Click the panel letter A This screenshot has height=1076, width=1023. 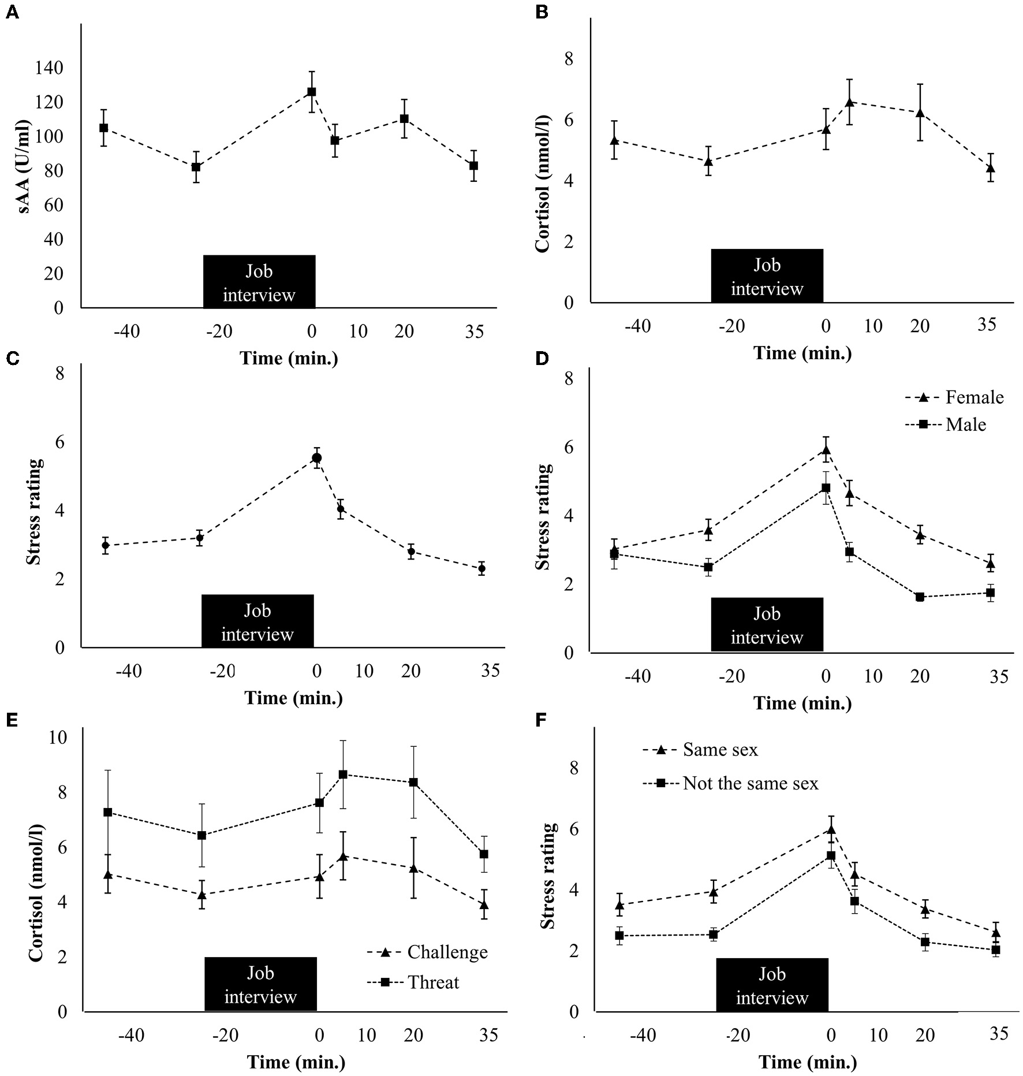pos(12,12)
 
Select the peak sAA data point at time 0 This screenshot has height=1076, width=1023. pos(312,91)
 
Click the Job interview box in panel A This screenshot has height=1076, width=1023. pos(259,282)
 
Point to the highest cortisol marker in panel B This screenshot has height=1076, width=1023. pos(849,102)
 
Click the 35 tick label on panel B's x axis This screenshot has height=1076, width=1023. pos(987,325)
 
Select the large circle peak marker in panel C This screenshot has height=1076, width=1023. pos(316,458)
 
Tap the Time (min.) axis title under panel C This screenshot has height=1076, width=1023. pos(293,698)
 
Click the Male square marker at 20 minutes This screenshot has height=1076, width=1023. pos(920,597)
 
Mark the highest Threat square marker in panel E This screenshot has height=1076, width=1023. pos(342,774)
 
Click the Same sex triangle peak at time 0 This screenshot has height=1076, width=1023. pos(831,830)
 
